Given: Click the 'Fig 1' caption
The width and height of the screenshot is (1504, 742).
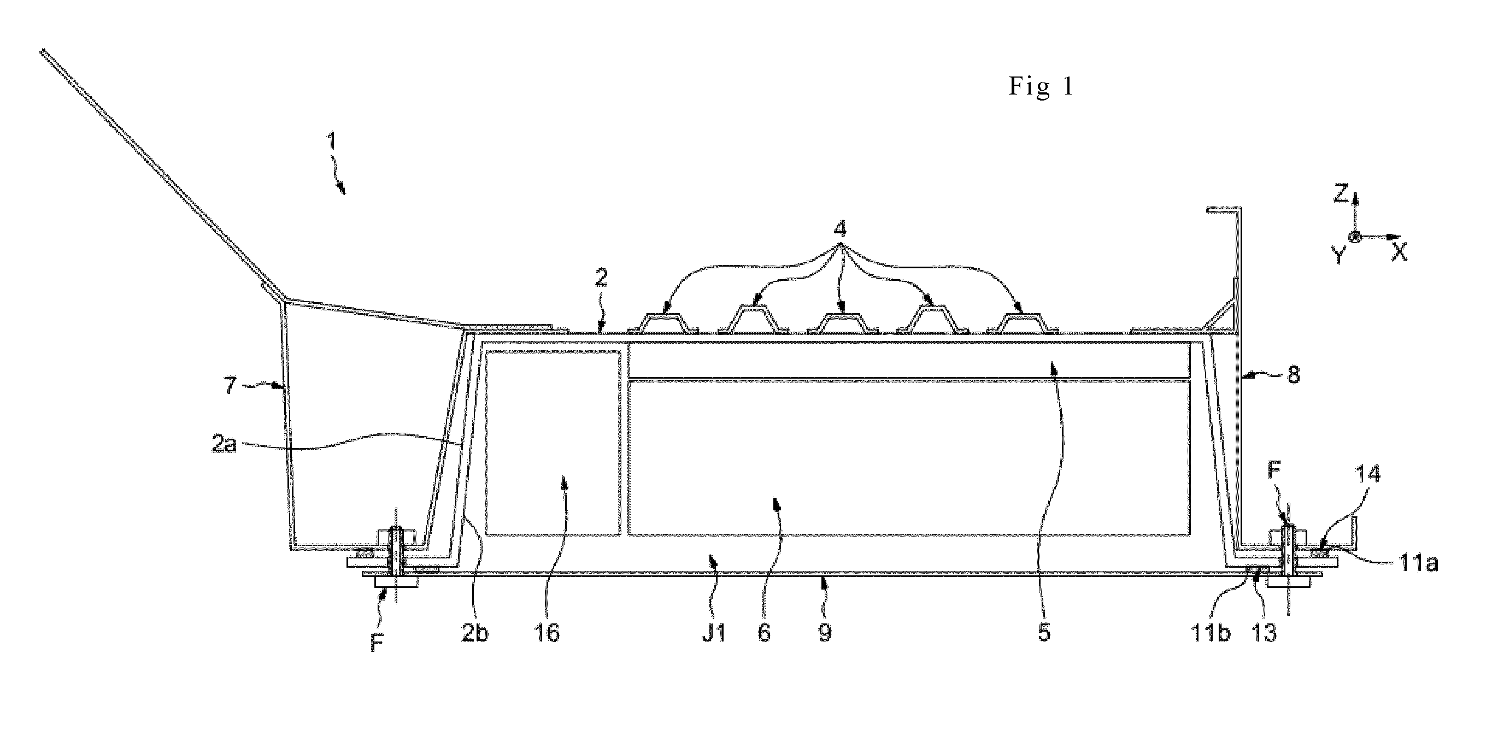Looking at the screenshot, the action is [x=1041, y=87].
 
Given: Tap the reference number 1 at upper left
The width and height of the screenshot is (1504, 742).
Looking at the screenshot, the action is [x=332, y=142].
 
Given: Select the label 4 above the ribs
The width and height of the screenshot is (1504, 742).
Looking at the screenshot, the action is [x=839, y=229].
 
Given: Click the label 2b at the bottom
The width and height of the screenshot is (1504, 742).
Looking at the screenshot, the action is [x=474, y=633].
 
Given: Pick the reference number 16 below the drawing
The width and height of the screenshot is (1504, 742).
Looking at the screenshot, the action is [x=547, y=633].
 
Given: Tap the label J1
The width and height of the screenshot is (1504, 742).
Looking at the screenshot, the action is [x=713, y=633].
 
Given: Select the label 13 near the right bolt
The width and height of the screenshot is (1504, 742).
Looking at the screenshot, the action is [x=1265, y=633].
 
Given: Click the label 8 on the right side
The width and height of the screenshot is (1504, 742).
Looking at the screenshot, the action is [x=1294, y=375].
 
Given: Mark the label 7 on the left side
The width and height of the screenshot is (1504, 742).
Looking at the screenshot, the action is [x=230, y=385].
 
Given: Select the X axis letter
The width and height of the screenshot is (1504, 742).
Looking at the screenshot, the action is [x=1400, y=252].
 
